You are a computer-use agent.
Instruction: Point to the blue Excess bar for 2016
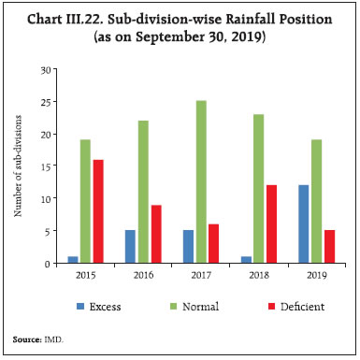pos(129,247)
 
